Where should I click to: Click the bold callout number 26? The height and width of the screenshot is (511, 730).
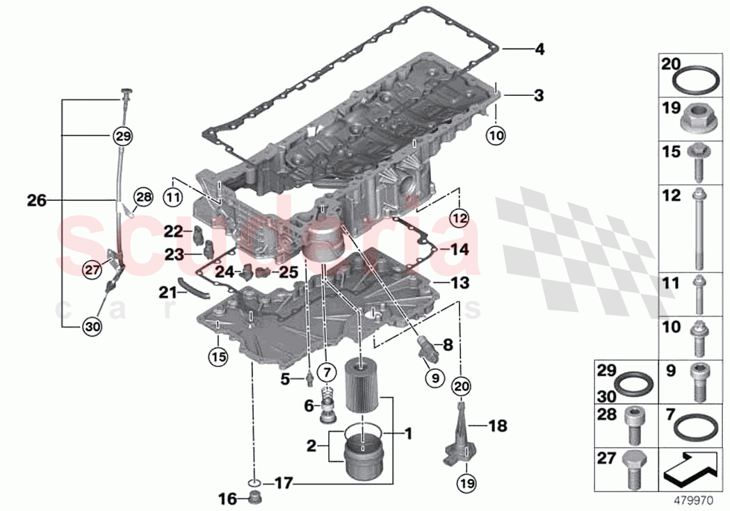point(36,201)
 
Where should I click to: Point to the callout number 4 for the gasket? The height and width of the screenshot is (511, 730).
point(539,49)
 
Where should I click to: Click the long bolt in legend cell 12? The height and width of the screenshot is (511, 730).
point(697,229)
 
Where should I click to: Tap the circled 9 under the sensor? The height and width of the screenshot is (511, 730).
point(433,378)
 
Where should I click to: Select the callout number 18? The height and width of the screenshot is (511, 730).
point(498,425)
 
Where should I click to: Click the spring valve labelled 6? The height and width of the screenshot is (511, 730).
point(326,407)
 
